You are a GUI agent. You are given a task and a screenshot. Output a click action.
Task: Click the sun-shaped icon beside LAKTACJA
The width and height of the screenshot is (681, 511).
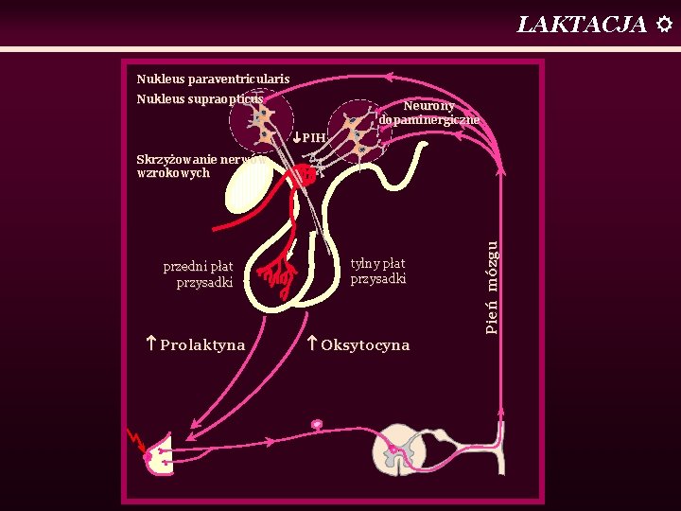(x=664, y=24)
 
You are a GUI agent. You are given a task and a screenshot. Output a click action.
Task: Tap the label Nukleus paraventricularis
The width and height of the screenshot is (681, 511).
(x=213, y=79)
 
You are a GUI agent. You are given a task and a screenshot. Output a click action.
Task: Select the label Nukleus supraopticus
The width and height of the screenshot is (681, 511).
(x=200, y=98)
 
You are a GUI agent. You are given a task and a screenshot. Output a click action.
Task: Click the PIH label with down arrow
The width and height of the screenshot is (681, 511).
(x=309, y=137)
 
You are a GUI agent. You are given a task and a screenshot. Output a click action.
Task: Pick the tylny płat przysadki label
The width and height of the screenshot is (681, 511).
(x=378, y=272)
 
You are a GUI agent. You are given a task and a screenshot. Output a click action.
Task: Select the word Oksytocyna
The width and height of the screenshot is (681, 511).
(x=365, y=345)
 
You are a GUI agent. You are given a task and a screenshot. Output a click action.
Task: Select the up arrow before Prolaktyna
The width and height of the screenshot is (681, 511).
(x=151, y=344)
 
